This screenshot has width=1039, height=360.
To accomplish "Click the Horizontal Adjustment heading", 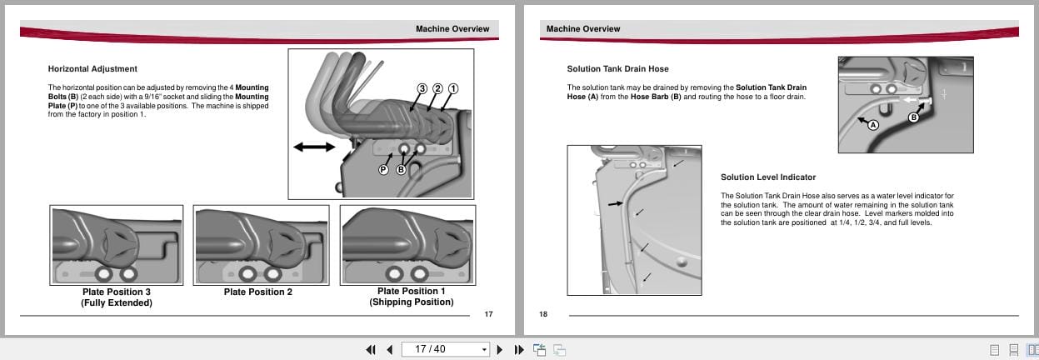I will click(x=92, y=68).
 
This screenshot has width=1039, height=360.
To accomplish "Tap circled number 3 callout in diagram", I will click(x=422, y=88).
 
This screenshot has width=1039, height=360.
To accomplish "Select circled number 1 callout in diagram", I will click(x=453, y=88).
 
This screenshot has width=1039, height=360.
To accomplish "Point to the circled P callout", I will click(x=383, y=169).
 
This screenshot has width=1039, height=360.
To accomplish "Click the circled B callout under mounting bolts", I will click(x=401, y=169).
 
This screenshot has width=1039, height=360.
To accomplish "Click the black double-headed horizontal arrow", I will click(x=314, y=147).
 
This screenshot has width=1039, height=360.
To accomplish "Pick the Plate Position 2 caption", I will click(x=258, y=292).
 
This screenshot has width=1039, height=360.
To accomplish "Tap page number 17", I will click(x=488, y=314).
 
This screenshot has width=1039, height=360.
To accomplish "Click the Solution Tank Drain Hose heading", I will click(x=617, y=68).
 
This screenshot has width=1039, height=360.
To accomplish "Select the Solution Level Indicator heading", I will click(x=767, y=177).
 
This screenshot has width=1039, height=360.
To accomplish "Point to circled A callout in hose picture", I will click(x=873, y=125).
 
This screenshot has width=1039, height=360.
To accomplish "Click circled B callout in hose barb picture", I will click(x=913, y=117).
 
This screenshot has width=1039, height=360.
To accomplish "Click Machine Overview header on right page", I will click(x=583, y=29).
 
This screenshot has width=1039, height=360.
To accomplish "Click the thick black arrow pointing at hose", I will click(x=614, y=202).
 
